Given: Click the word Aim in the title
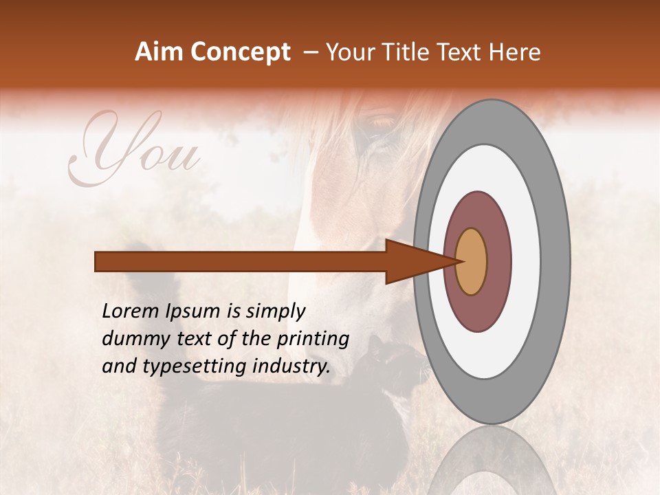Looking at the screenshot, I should [x=160, y=52].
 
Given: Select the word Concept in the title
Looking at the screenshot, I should [x=240, y=52].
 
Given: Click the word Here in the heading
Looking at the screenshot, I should [x=516, y=52].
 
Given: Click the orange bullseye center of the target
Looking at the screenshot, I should [x=471, y=261].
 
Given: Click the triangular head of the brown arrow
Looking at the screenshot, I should [x=412, y=261].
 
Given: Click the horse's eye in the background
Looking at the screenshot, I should [x=382, y=124].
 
